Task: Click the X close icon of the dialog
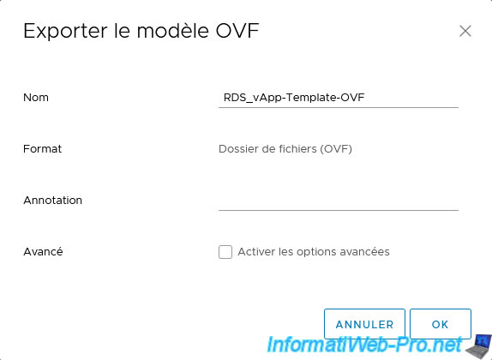pyautogui.click(x=465, y=31)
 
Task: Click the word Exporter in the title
pyautogui.click(x=65, y=31)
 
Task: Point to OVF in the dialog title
pyautogui.click(x=237, y=31)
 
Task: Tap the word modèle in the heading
pyautogui.click(x=173, y=31)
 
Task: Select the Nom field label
pyautogui.click(x=36, y=98)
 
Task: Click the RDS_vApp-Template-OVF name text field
pyautogui.click(x=339, y=98)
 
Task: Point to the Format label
pyautogui.click(x=42, y=149)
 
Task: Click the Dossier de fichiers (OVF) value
pyautogui.click(x=285, y=149)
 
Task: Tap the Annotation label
pyautogui.click(x=53, y=201)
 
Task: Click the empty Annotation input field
pyautogui.click(x=339, y=201)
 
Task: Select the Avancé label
pyautogui.click(x=43, y=251)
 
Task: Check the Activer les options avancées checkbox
pyautogui.click(x=225, y=252)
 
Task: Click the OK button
pyautogui.click(x=441, y=324)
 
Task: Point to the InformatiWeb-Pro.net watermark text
pyautogui.click(x=364, y=345)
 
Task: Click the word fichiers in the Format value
pyautogui.click(x=297, y=149)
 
